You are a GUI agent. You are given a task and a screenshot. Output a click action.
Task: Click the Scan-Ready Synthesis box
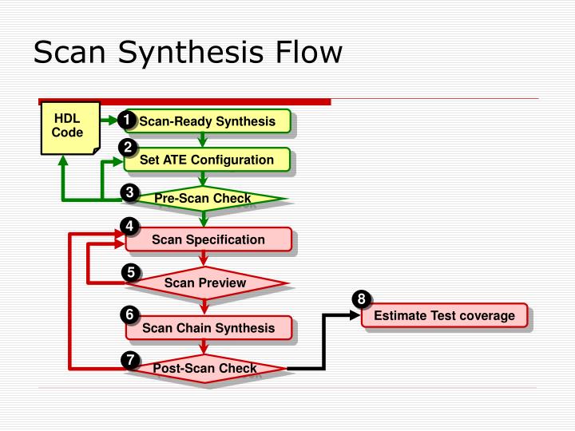207,121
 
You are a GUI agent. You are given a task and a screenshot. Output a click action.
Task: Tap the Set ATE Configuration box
207,160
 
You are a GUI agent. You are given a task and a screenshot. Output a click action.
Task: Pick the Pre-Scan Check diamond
203,198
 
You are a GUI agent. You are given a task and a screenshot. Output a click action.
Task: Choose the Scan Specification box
208,239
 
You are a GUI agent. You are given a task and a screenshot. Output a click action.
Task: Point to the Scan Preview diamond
205,283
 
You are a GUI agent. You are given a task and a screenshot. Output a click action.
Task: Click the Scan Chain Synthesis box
208,327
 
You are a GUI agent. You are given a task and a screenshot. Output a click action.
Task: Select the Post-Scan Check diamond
205,368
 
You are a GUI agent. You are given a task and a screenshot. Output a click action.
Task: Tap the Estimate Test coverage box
444,315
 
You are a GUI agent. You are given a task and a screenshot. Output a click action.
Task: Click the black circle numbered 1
125,121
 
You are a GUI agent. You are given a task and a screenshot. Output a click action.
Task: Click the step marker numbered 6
129,314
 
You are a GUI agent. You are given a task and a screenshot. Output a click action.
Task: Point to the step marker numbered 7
129,360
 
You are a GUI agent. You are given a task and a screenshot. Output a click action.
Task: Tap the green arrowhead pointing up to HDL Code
63,161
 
